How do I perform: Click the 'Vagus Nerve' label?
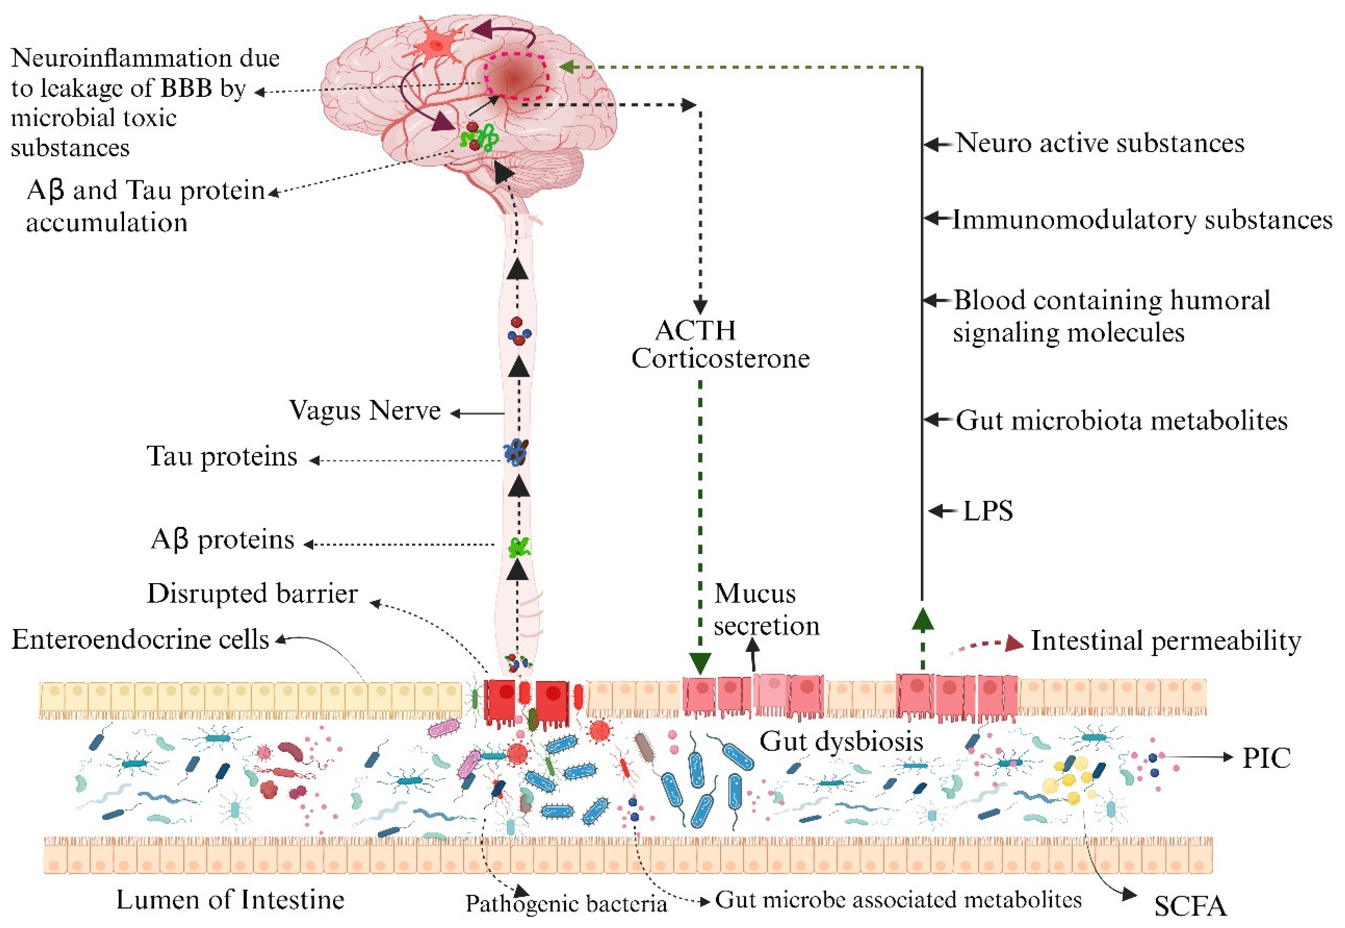[365, 411]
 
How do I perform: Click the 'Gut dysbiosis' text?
[841, 742]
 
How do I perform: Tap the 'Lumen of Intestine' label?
[230, 900]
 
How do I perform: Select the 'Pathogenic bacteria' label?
[566, 903]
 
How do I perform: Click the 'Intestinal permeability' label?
[1165, 641]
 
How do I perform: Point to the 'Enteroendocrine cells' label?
[140, 640]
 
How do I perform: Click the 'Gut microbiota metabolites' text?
[1121, 420]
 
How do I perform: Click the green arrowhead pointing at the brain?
[566, 67]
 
